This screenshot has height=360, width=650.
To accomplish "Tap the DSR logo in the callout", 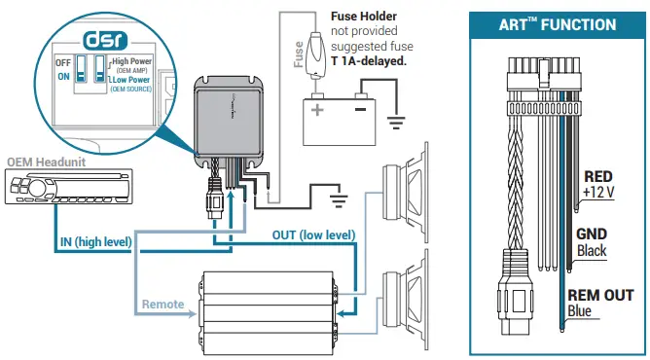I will [98, 41].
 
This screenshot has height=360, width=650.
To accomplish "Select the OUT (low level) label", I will [313, 234].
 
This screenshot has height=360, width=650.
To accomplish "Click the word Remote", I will [162, 304].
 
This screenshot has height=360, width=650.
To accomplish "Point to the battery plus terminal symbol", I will [316, 109].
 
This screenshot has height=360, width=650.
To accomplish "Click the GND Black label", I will [593, 242].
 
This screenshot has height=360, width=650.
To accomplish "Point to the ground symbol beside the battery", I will [394, 123].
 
